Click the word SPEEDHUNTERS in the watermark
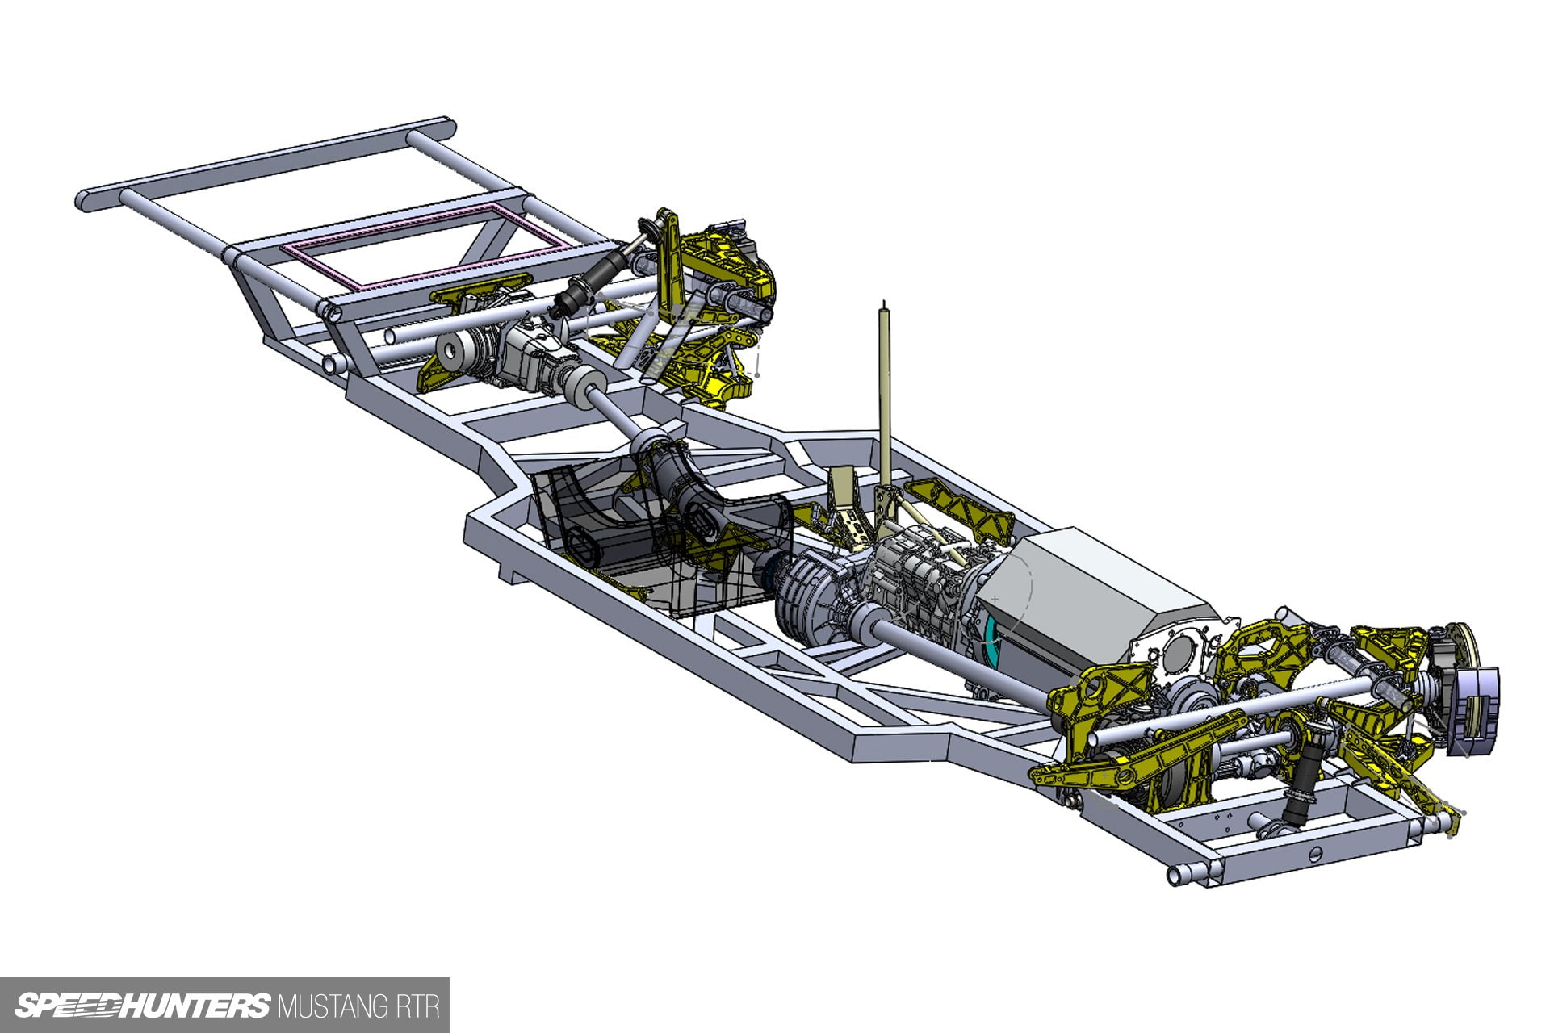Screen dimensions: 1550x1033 142,1006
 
